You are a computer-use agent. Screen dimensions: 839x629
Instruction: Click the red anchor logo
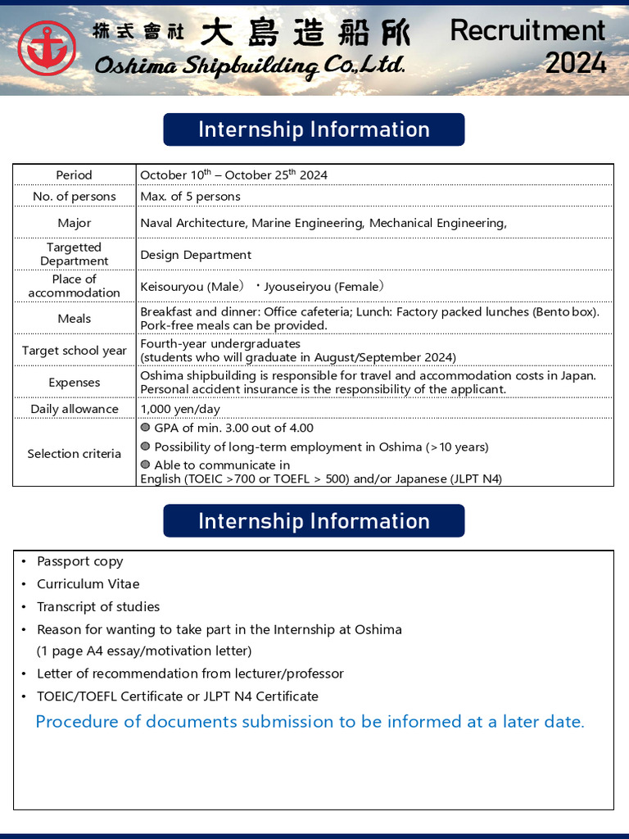point(47,48)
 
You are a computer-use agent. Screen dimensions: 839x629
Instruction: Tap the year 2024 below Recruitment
point(576,63)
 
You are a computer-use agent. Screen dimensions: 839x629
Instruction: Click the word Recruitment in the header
point(527,30)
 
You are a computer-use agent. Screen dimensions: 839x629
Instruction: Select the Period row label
point(74,175)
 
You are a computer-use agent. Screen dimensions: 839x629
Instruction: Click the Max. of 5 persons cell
point(190,196)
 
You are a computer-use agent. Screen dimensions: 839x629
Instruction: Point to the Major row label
point(74,223)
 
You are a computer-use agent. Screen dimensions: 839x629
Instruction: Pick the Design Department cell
point(196,255)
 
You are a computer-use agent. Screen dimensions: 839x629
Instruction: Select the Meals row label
point(74,319)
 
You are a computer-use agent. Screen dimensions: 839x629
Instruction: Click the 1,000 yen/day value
point(179,409)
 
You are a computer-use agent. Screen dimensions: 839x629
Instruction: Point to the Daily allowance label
point(74,409)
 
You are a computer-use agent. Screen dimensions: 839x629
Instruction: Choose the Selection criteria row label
point(74,454)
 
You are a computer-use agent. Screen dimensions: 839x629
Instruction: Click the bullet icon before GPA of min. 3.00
point(145,428)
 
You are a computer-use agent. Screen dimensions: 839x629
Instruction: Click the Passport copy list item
point(79,561)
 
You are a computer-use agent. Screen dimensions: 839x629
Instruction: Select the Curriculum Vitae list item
point(88,584)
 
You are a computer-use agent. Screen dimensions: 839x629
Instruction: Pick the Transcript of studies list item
point(97,607)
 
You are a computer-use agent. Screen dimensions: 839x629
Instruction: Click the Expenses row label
point(74,383)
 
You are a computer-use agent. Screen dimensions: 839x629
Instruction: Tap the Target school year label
point(74,351)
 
